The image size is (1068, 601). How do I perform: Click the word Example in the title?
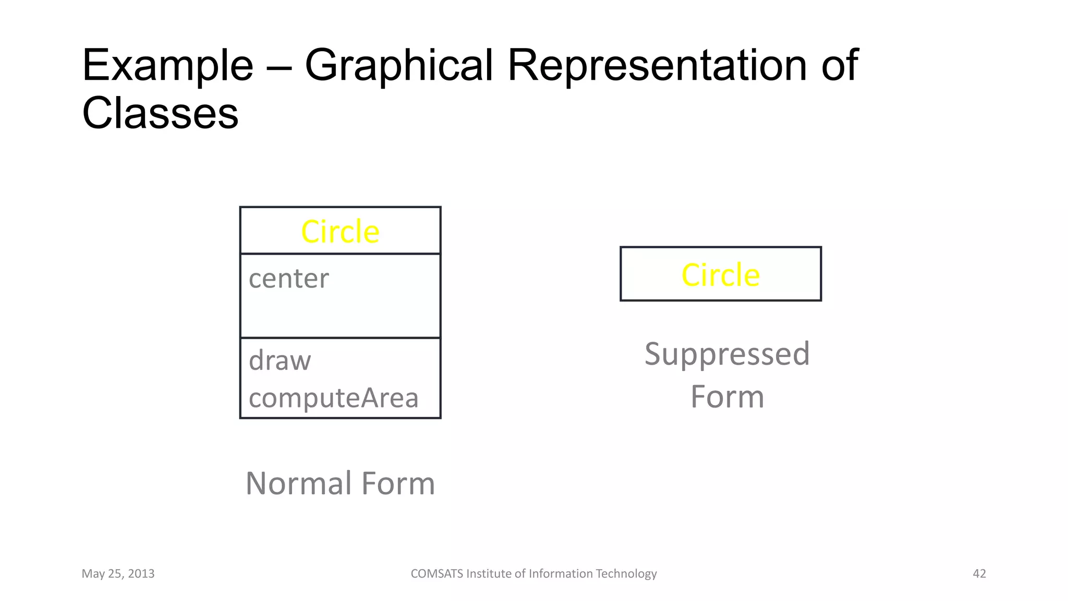[x=167, y=66]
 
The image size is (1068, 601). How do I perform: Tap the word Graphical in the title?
[x=398, y=66]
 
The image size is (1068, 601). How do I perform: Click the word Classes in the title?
[x=160, y=113]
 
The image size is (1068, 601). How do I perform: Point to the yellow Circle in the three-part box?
[x=340, y=232]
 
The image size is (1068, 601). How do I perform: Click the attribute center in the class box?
[x=289, y=279]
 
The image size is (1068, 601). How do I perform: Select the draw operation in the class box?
[x=280, y=361]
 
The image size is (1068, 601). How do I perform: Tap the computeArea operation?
[x=334, y=398]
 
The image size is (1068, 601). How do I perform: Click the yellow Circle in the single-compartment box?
[x=721, y=275]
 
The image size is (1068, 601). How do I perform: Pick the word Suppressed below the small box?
[x=727, y=354]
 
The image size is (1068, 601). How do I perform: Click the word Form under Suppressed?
[x=727, y=397]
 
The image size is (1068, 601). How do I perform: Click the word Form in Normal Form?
[x=398, y=483]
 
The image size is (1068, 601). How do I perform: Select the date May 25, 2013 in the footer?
[x=118, y=574]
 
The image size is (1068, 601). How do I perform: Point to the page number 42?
[x=979, y=574]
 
